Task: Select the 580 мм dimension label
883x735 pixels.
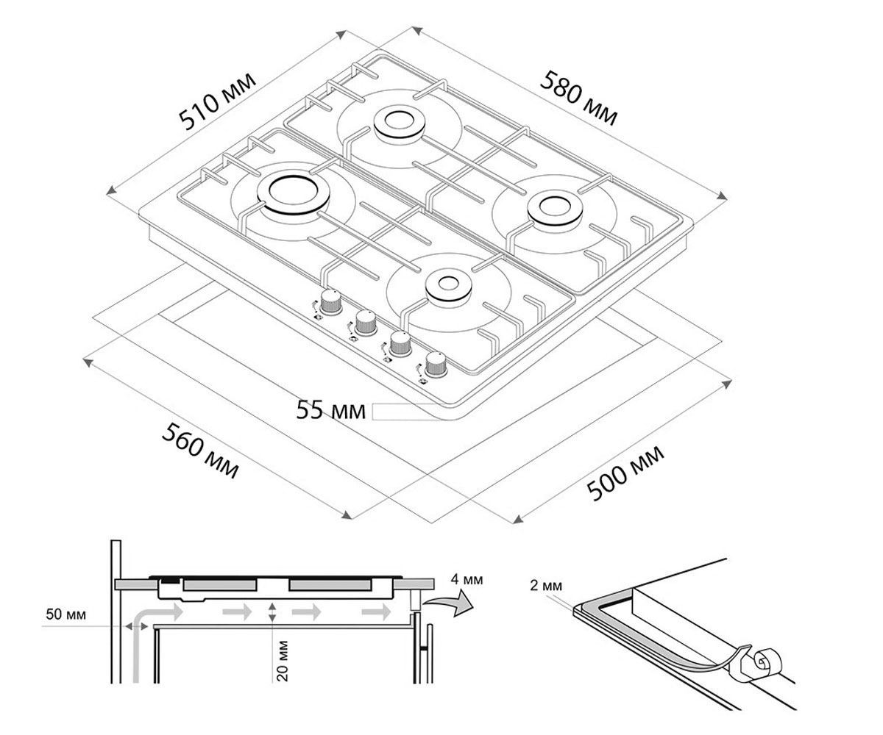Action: [x=578, y=98]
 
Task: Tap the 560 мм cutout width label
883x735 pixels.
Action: [x=200, y=451]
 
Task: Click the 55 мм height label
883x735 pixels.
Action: [x=330, y=409]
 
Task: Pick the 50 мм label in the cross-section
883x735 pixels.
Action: [x=65, y=614]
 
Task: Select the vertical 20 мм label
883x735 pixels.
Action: [x=282, y=661]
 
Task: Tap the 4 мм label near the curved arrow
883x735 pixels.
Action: [x=467, y=579]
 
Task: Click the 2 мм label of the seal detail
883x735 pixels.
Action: [x=546, y=586]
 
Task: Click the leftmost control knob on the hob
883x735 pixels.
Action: [x=330, y=302]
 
